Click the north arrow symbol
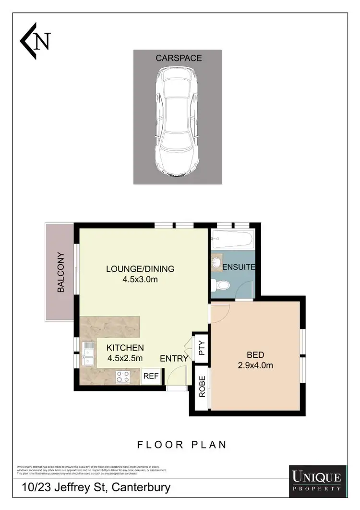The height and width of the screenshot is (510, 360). click(x=35, y=40)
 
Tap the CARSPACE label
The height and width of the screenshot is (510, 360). click(x=179, y=58)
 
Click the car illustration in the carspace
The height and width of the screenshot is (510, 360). click(x=178, y=121)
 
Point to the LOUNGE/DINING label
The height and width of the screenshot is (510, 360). click(x=140, y=269)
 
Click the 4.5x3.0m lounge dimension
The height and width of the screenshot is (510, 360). click(x=140, y=279)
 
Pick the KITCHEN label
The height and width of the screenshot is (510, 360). click(x=125, y=348)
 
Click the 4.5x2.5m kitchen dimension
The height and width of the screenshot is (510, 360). click(x=125, y=358)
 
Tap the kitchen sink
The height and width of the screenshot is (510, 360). click(x=88, y=352)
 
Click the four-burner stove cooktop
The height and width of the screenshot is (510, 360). click(x=123, y=377)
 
